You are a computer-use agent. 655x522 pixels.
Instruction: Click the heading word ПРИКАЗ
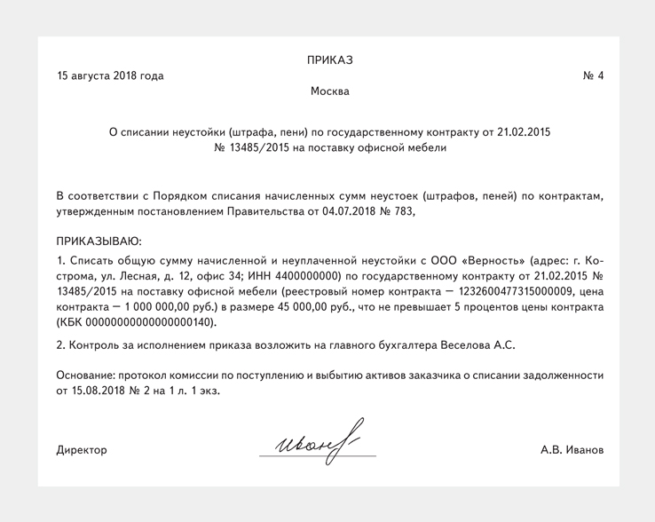[330, 60]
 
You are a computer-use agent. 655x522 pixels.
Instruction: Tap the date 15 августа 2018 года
[110, 76]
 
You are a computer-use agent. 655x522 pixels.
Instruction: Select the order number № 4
[593, 76]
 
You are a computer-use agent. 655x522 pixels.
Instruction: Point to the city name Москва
[330, 92]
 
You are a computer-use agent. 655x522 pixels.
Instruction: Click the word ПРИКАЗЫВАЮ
[99, 241]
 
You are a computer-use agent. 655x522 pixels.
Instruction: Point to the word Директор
[82, 450]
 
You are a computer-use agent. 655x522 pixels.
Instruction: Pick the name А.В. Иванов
[572, 450]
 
